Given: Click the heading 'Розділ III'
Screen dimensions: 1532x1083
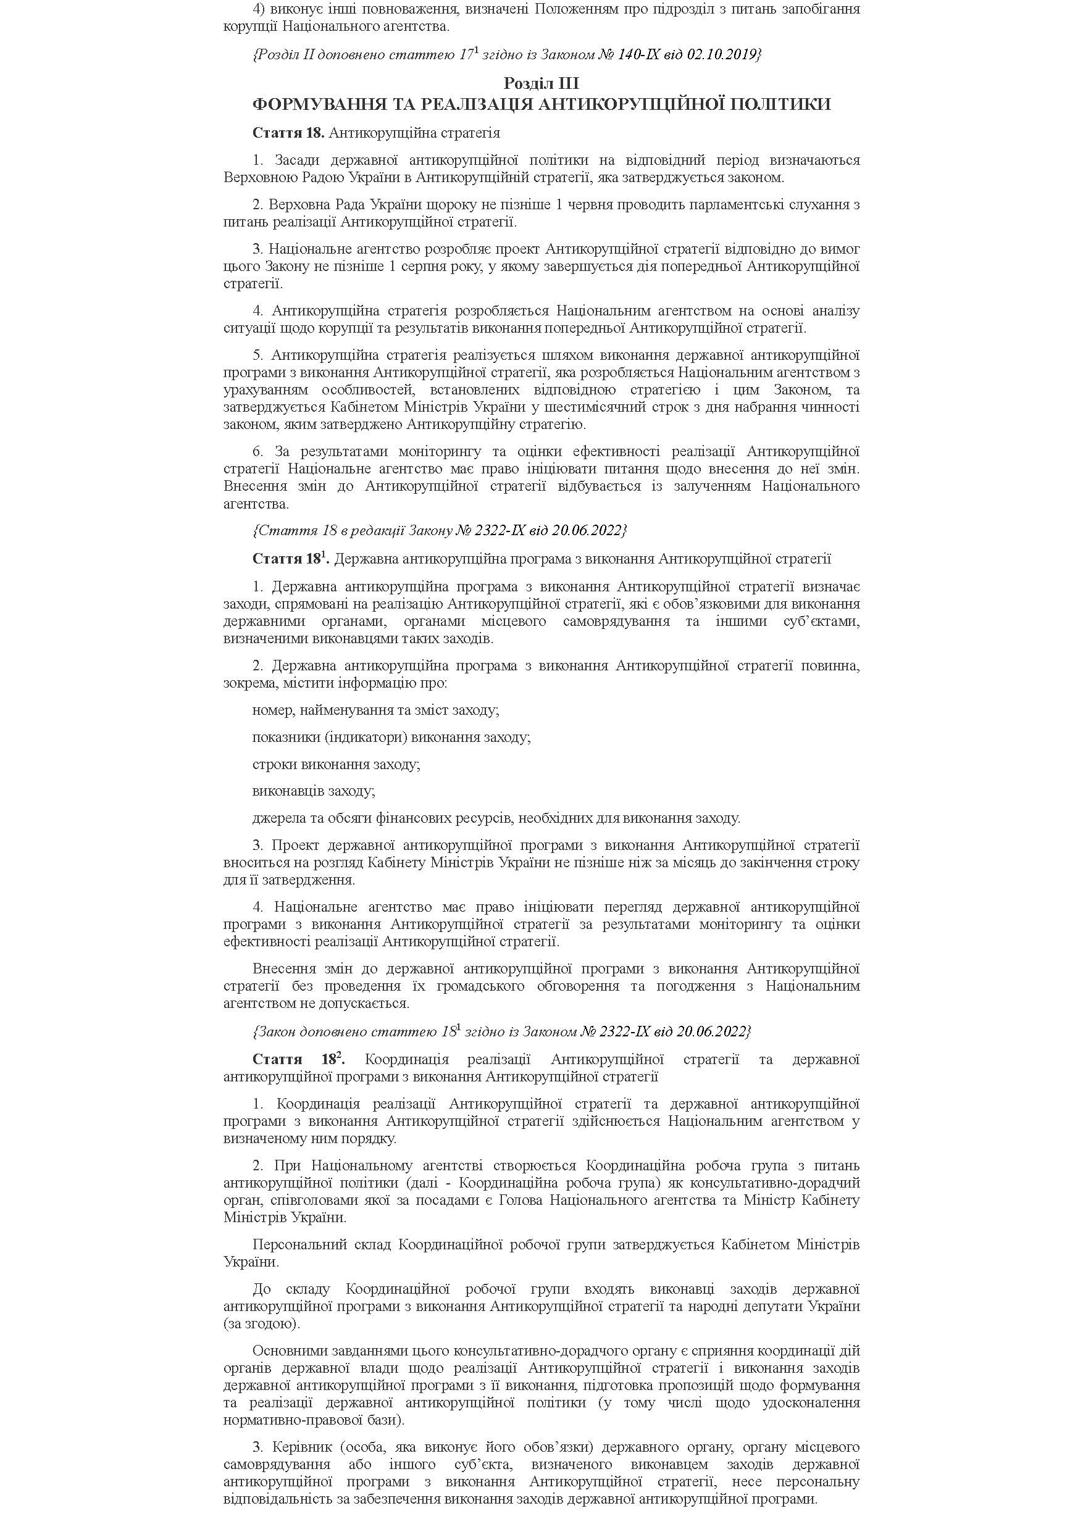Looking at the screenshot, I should tap(540, 83).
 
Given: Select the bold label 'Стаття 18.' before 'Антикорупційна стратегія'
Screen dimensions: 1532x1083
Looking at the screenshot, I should tap(288, 133).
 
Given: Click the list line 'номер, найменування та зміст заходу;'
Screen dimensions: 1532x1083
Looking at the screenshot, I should tap(375, 710).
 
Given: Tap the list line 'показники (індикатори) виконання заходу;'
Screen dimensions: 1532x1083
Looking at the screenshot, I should tap(391, 738).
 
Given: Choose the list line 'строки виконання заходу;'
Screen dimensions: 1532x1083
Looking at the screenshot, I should tap(336, 765).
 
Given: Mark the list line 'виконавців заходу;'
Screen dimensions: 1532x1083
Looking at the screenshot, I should tap(314, 791).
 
